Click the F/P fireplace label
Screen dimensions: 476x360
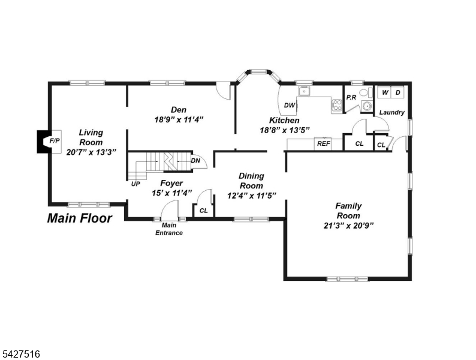[x=55, y=141]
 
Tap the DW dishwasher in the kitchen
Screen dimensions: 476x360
[x=290, y=105]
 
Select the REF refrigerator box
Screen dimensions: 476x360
[x=324, y=143]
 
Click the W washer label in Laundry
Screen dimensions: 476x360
[x=385, y=92]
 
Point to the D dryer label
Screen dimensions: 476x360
[x=397, y=92]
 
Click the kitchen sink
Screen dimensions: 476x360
[x=304, y=91]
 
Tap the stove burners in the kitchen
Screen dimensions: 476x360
[x=337, y=105]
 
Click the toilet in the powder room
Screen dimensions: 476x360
[x=365, y=92]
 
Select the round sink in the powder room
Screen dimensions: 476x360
[x=367, y=106]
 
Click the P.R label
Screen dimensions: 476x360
[x=351, y=98]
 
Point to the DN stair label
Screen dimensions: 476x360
[x=195, y=160]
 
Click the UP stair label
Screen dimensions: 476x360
[x=135, y=184]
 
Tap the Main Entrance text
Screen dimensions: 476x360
[x=169, y=229]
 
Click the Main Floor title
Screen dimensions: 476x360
[x=80, y=218]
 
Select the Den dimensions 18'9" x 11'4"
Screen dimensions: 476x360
[x=179, y=119]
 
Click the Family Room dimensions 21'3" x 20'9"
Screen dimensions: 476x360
[x=348, y=226]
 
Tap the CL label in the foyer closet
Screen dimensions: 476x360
[x=203, y=211]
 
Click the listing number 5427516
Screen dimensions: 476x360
[x=21, y=354]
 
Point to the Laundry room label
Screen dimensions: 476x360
[x=392, y=112]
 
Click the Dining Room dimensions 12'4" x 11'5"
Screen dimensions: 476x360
[x=251, y=196]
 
